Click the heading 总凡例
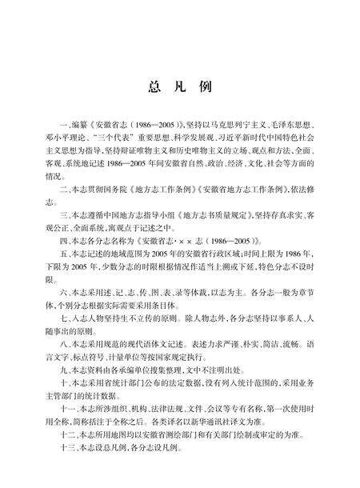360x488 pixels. tap(180, 88)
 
